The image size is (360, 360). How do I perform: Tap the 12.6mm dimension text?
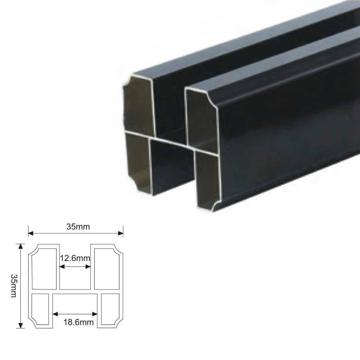pyautogui.click(x=75, y=258)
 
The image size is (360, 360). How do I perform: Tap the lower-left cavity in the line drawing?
pyautogui.click(x=40, y=309)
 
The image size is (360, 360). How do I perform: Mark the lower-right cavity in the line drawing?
pyautogui.click(x=110, y=309)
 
